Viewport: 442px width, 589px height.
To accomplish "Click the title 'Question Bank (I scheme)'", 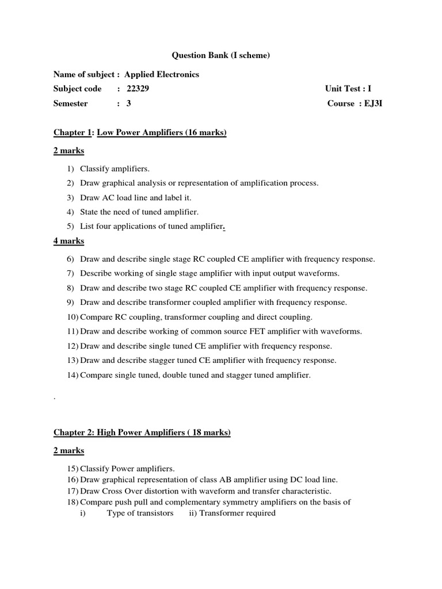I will coord(221,56).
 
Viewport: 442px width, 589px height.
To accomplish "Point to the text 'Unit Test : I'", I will coord(348,89).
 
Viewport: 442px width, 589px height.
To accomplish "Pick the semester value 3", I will coord(129,104).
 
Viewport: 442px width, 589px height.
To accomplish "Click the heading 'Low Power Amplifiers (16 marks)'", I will coord(162,133).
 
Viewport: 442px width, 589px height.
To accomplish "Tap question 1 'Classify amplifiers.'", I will coord(115,169).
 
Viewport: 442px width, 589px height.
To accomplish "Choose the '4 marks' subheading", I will coord(68,241).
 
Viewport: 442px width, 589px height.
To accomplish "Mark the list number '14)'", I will coord(73,375).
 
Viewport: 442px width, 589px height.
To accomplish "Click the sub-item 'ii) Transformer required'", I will coord(232,513).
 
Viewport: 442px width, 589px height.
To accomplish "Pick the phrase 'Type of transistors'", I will coord(140,513).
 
